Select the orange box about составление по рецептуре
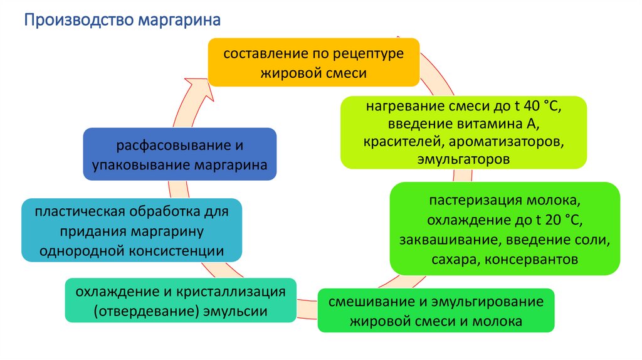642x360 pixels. (313, 62)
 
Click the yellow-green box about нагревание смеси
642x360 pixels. (463, 132)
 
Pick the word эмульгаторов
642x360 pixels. (463, 159)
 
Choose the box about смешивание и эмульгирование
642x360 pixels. (436, 310)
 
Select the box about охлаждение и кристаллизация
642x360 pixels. (181, 301)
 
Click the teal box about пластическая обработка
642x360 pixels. (132, 231)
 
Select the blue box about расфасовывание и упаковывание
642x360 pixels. (180, 155)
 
